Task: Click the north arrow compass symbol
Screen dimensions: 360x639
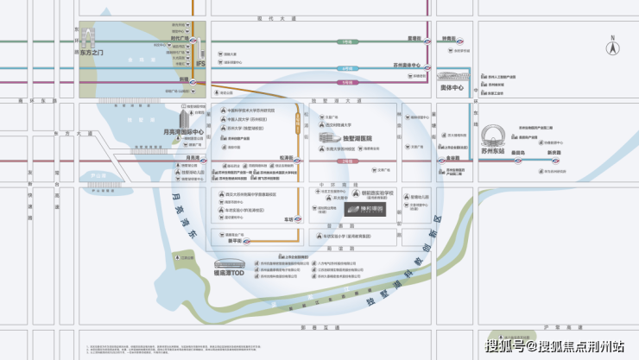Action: coord(612,46)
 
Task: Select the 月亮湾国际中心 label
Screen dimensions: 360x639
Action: coord(182,132)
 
